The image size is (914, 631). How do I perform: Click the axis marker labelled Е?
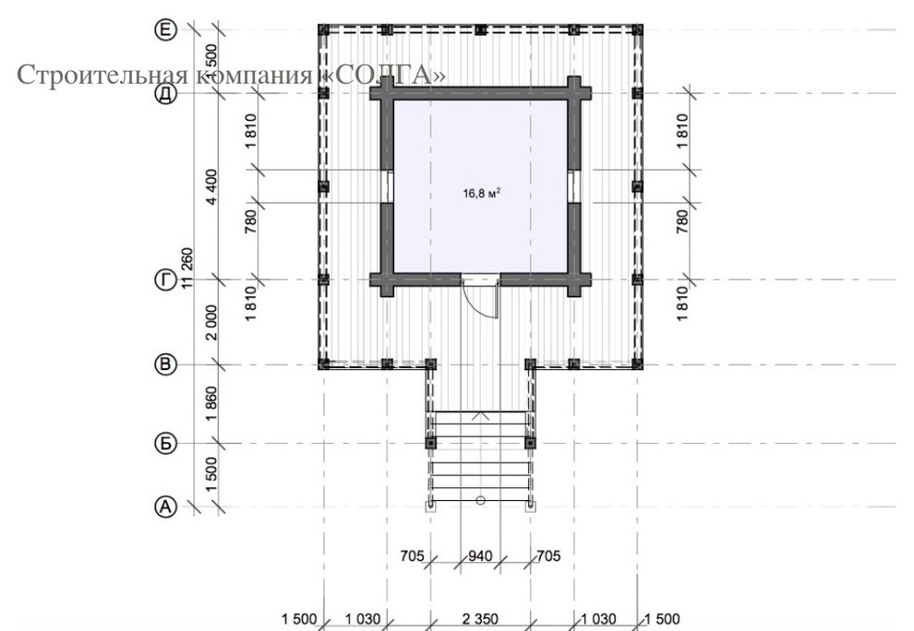tap(165, 30)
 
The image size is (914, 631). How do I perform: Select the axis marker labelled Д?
tap(165, 93)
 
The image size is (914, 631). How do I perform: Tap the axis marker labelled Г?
tap(165, 280)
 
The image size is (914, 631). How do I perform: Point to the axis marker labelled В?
tap(165, 364)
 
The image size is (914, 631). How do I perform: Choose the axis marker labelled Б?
tap(165, 444)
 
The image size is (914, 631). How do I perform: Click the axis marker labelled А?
tap(165, 506)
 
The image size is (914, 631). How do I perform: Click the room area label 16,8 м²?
tap(482, 192)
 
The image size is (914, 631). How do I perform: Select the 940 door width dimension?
tap(480, 556)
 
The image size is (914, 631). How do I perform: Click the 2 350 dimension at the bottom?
tap(480, 619)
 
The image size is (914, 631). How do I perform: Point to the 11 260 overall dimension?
tap(186, 268)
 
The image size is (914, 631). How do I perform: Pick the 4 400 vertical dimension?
tap(211, 186)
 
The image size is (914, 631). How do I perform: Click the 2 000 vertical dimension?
tap(211, 322)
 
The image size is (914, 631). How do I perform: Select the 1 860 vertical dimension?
tap(211, 404)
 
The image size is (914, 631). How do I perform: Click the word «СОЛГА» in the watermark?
tap(383, 75)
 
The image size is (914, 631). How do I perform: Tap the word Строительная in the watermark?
tap(102, 75)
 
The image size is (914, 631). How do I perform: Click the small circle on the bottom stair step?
tap(480, 500)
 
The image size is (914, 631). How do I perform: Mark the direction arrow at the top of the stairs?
tap(480, 415)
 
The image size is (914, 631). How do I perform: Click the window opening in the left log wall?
tap(387, 186)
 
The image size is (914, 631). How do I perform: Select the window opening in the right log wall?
tap(574, 186)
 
